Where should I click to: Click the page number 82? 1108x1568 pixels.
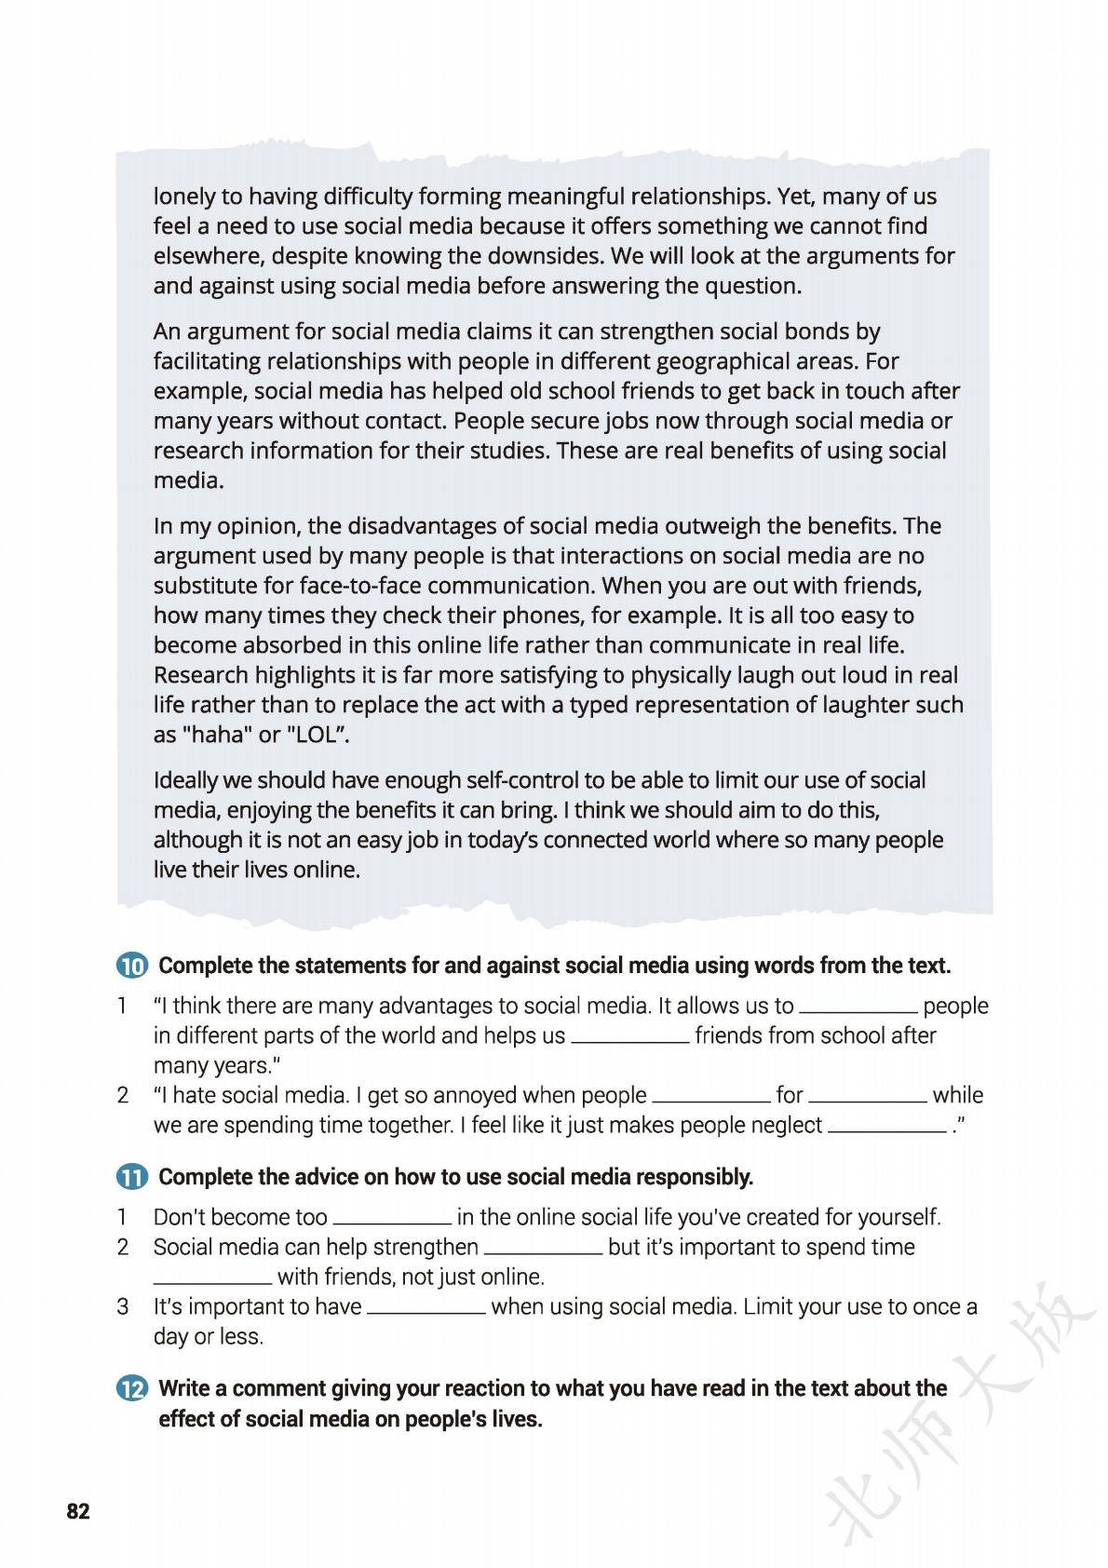tap(78, 1511)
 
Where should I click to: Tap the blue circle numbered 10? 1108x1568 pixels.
tap(132, 966)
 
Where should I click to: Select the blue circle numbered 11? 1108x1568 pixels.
tap(132, 1178)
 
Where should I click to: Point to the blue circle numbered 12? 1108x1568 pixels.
tap(132, 1389)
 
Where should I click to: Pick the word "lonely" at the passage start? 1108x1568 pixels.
tap(183, 196)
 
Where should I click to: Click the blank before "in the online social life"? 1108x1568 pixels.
tap(392, 1222)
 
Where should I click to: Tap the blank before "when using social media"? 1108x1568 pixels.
tap(426, 1311)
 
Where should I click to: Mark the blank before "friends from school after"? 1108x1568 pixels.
tap(629, 1040)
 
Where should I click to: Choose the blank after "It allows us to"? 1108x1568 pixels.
tap(858, 1010)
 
